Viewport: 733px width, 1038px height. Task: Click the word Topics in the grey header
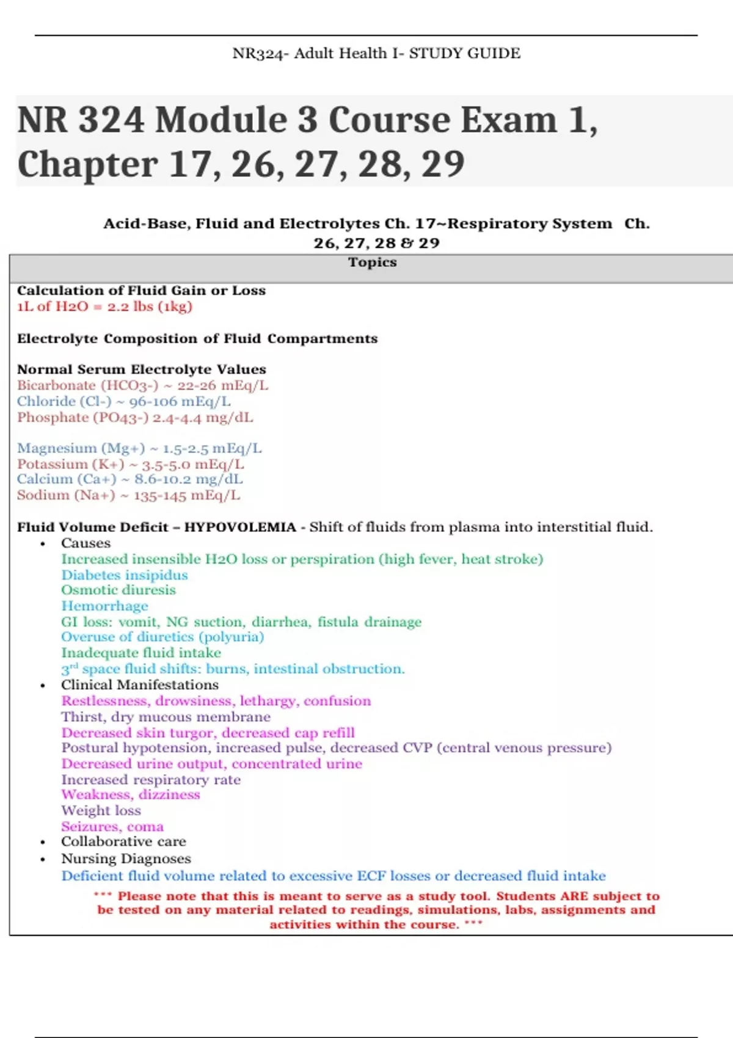coord(372,263)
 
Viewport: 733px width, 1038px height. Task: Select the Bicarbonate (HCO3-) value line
coord(142,386)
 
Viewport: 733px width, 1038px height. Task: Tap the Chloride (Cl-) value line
coord(123,402)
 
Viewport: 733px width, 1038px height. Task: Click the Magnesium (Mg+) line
coord(139,449)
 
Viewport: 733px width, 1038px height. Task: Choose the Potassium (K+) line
coord(130,465)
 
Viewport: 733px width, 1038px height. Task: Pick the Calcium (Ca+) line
coord(129,479)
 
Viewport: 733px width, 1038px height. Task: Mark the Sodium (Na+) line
coord(128,495)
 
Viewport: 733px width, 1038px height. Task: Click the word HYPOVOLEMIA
coord(240,528)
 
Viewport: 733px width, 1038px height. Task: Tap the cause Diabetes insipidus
coord(124,575)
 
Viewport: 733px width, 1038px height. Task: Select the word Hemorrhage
coord(104,606)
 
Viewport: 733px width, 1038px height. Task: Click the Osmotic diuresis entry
coord(118,590)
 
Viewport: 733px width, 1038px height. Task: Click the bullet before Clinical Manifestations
coord(42,686)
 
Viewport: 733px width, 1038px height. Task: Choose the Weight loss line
coord(101,811)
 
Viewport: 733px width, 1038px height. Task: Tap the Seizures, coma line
coord(112,827)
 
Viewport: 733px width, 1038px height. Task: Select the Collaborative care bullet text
coord(123,842)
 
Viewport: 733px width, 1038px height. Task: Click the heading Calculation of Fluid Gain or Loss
coord(141,291)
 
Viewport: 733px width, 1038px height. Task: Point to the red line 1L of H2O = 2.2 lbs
coord(104,307)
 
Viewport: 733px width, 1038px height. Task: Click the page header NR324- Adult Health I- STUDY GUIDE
coord(376,54)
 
